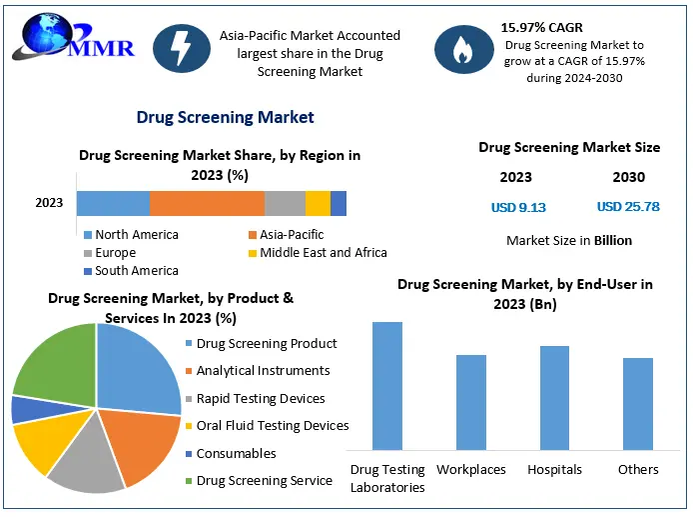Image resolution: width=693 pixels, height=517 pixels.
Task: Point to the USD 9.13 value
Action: tap(518, 207)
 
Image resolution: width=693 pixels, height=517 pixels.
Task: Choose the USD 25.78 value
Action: tap(628, 207)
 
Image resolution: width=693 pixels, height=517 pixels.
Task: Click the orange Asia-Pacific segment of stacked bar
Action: tap(207, 203)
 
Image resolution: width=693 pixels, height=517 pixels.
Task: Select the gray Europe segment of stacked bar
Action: tap(285, 203)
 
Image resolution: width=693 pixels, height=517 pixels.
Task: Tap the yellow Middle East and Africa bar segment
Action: tap(318, 203)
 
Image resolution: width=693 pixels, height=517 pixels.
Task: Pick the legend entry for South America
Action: tap(136, 271)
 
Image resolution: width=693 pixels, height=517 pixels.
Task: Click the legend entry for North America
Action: tap(136, 235)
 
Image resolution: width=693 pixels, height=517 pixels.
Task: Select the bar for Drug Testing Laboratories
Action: tap(387, 385)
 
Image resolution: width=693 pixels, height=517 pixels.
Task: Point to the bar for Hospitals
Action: tap(554, 397)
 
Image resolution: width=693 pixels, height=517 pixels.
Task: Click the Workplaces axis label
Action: tap(471, 469)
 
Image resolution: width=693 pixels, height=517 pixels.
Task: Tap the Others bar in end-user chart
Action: tap(638, 403)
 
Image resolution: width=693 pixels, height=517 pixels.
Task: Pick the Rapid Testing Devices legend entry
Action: tap(261, 399)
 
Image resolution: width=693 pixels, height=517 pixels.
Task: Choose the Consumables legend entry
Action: tap(236, 454)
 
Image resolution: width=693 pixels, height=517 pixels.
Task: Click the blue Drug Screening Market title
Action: tap(225, 118)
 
